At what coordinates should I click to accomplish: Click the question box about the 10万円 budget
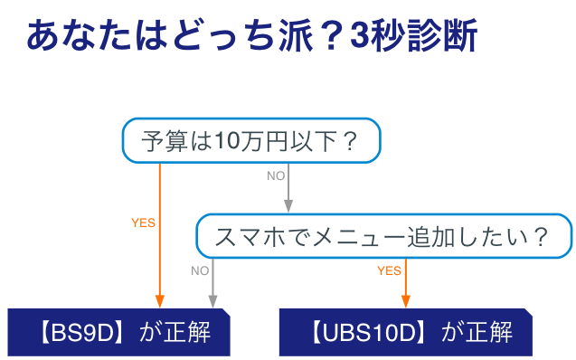[250, 141]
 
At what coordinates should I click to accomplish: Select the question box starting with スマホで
[383, 236]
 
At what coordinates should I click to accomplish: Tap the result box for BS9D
[119, 332]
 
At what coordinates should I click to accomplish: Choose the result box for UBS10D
[405, 332]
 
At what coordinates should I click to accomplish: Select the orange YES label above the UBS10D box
[389, 270]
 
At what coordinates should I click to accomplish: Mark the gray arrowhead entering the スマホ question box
[288, 206]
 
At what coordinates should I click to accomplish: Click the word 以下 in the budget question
[314, 142]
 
